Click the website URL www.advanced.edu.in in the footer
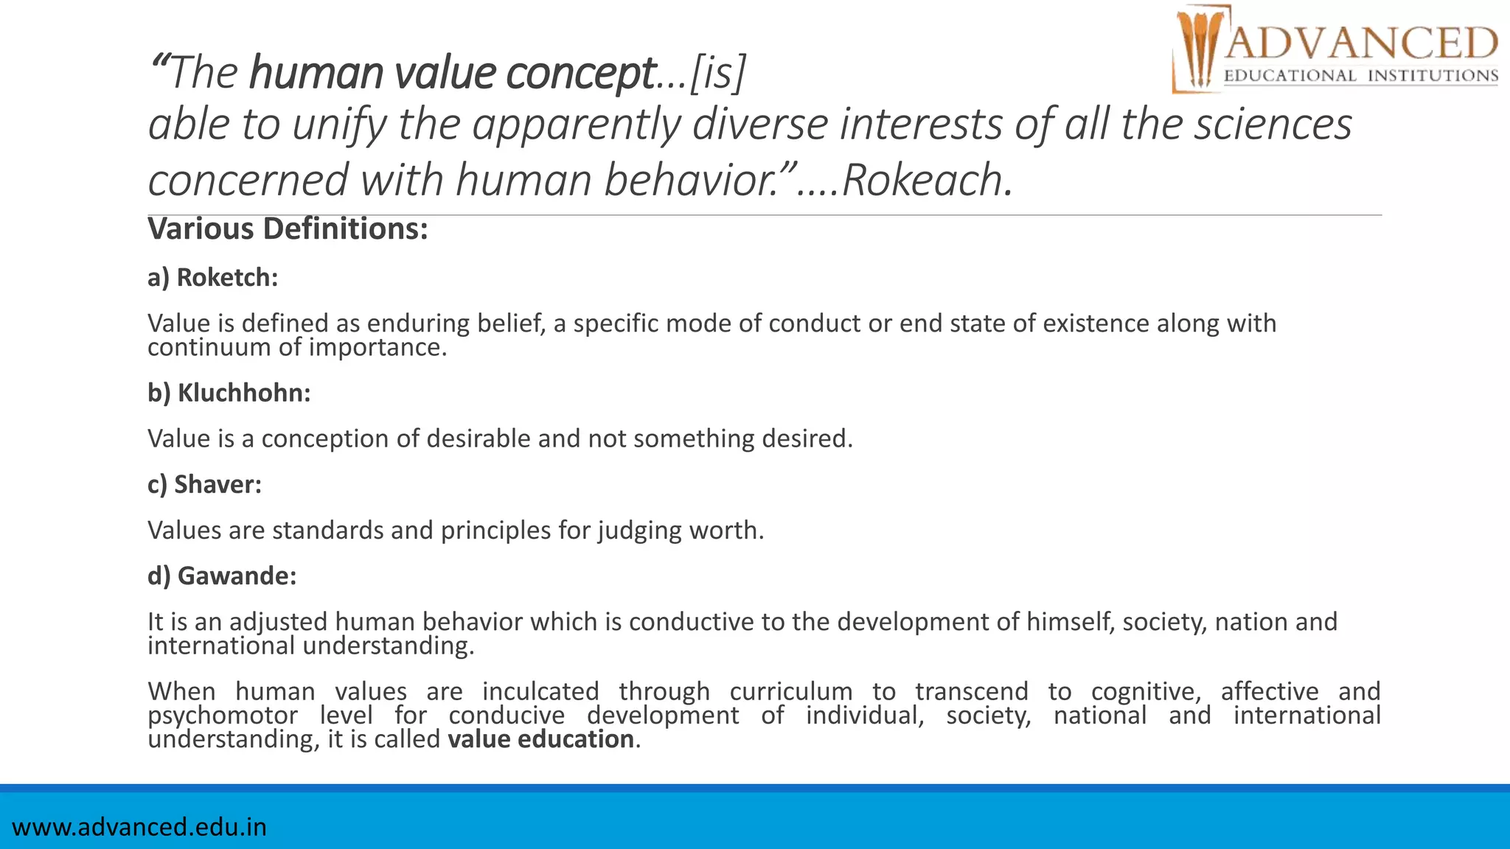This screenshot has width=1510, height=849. (139, 827)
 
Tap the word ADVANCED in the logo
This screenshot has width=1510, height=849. (1361, 43)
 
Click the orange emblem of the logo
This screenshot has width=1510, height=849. (1198, 49)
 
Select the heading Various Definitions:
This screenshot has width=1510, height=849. (288, 228)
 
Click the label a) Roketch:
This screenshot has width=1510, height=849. (212, 278)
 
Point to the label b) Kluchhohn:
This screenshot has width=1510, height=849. (229, 393)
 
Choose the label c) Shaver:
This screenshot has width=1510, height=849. (204, 484)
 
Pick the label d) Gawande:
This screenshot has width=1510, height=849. (222, 576)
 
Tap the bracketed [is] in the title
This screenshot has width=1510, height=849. (718, 73)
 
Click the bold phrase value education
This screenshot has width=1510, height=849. (540, 739)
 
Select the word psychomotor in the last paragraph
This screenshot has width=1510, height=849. (223, 716)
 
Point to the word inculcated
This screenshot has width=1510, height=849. (540, 691)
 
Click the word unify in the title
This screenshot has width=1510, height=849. (338, 124)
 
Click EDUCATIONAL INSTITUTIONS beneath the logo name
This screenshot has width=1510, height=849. (1361, 76)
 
